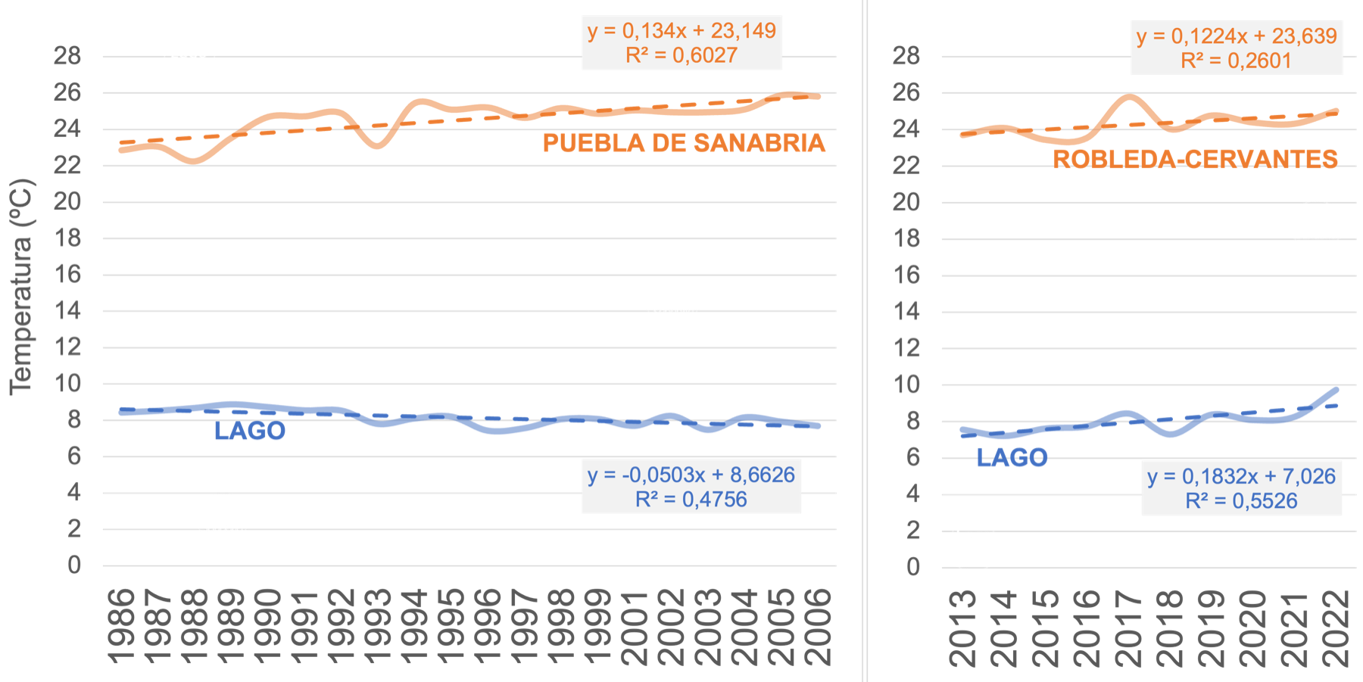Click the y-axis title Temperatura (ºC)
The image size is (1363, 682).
[22, 286]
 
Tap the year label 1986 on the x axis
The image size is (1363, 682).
[121, 627]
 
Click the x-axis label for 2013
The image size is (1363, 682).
[962, 628]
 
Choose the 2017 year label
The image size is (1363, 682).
[1129, 628]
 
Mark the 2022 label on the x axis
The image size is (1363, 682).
[1336, 628]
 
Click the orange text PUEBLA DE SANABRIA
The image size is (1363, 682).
[684, 143]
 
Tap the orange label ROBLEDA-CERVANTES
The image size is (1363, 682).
[1195, 159]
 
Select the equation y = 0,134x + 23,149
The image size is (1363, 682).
[681, 31]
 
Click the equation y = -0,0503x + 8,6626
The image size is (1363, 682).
[691, 475]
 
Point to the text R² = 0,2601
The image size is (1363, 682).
[1236, 61]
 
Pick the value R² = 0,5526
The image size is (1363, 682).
[1241, 501]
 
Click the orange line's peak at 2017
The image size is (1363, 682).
[1129, 96]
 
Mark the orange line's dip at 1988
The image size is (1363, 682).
[194, 161]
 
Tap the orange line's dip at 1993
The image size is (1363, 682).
[377, 145]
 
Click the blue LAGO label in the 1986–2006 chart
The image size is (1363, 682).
[250, 431]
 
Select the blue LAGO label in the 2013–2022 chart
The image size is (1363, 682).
[1012, 458]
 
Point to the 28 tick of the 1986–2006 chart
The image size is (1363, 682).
[67, 56]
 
